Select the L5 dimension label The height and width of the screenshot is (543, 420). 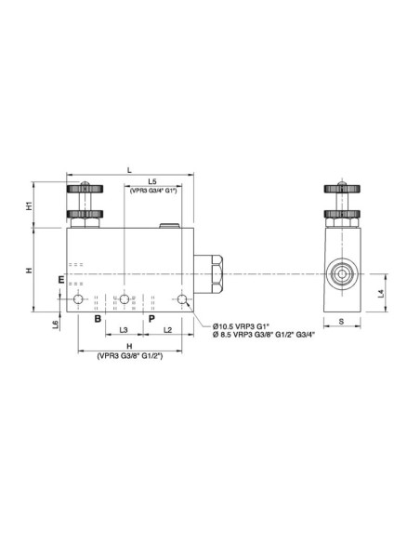(x=152, y=181)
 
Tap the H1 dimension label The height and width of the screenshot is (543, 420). (x=30, y=205)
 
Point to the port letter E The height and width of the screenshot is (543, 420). (x=60, y=279)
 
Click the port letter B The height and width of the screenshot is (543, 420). (x=96, y=318)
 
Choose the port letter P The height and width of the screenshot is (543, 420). (x=151, y=318)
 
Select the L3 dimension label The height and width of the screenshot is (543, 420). (x=124, y=330)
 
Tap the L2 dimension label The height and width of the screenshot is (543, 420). (x=167, y=330)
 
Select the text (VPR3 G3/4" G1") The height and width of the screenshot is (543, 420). (x=153, y=192)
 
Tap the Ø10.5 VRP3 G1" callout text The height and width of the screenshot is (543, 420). (x=242, y=325)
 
